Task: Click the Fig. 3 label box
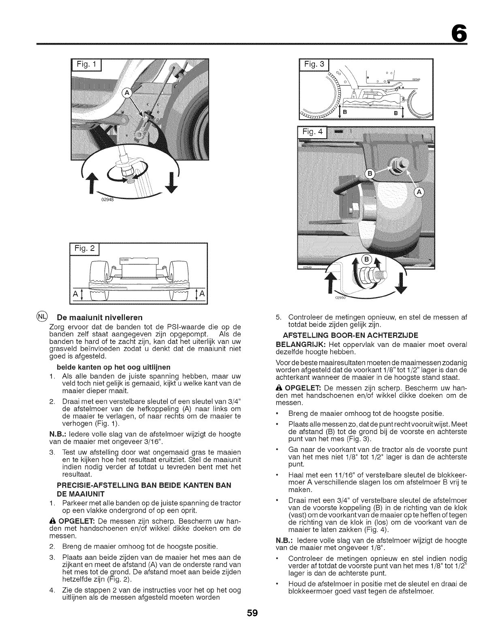point(314,66)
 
